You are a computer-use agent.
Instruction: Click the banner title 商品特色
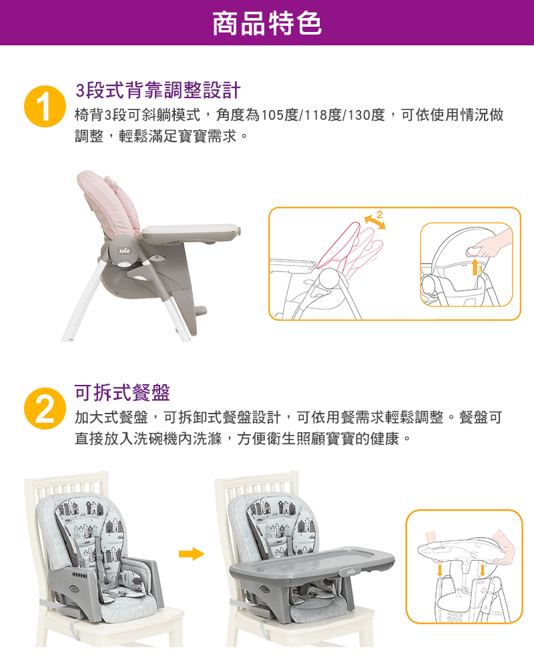267,23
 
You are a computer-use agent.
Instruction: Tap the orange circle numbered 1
45,106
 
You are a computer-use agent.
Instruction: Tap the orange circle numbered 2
45,408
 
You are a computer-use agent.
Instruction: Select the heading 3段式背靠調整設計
158,90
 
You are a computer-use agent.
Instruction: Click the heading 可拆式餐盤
122,392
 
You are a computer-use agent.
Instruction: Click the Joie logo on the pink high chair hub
124,251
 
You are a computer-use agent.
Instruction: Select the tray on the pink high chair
191,232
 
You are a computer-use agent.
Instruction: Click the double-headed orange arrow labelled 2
374,222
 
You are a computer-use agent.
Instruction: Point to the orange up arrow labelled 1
475,267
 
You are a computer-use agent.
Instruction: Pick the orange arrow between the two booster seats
192,554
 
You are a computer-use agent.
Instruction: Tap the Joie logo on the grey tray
350,572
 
